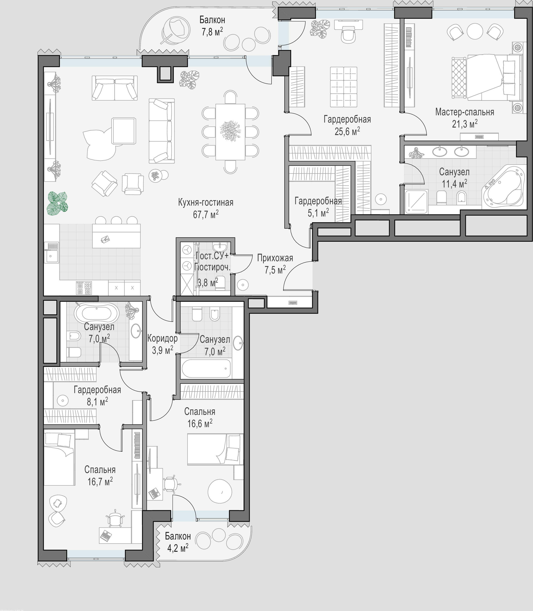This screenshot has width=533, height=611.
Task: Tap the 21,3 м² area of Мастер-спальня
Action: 465,123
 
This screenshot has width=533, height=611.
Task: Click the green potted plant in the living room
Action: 57,203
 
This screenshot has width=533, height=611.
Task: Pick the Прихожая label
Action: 275,258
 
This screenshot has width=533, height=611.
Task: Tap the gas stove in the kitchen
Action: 84,288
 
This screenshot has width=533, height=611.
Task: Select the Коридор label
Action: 162,338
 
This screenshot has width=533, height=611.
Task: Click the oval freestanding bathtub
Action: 97,313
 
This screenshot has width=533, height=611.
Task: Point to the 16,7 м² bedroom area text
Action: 100,481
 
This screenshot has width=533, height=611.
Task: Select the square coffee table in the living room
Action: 124,131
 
